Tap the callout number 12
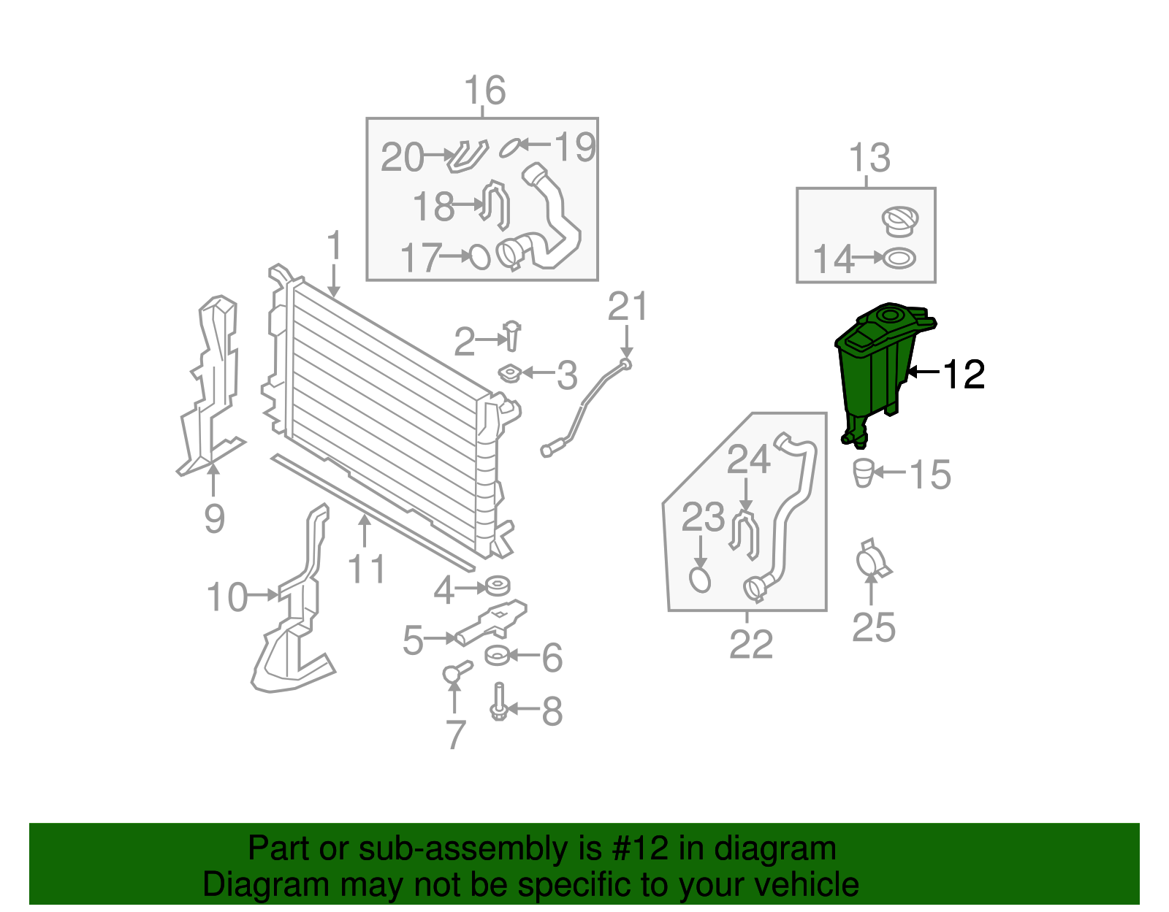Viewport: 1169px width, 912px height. coord(964,375)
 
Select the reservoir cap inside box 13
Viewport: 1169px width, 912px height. coord(899,221)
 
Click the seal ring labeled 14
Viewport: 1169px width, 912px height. coord(899,258)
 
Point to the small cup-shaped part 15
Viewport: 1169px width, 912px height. coord(864,472)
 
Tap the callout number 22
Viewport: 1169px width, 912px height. coord(750,644)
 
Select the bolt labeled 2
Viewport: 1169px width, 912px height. coord(512,336)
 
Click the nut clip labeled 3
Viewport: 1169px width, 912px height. coord(509,374)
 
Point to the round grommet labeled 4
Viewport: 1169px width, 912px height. coord(498,586)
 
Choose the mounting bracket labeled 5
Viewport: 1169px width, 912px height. coord(492,623)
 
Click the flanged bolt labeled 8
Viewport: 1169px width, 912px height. coord(499,702)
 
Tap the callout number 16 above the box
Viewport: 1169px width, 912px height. coord(484,91)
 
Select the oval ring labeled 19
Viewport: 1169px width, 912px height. coord(509,148)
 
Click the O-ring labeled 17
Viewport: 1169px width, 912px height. coord(479,256)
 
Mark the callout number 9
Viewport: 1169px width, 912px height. coord(213,519)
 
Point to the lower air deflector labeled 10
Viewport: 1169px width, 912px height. coord(292,628)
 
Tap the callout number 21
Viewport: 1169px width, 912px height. coord(627,307)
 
